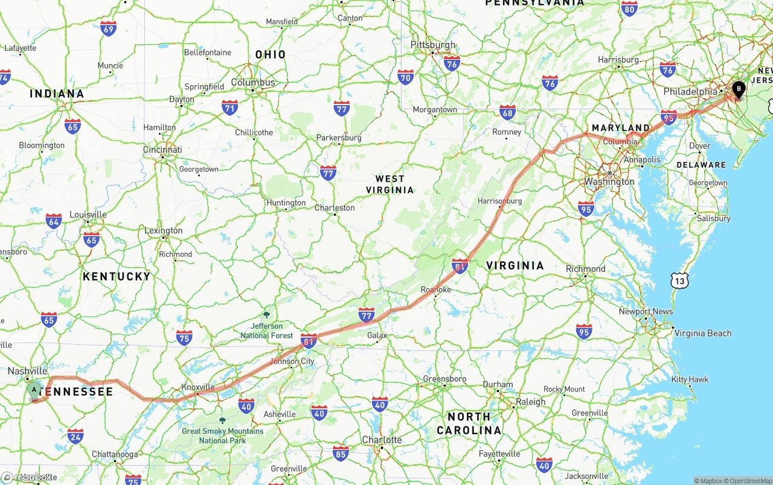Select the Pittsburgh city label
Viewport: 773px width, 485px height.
[433, 45]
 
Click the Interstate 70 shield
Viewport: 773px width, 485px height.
[405, 77]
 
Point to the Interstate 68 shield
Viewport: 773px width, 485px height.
[508, 112]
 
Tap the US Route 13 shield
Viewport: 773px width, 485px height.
[679, 280]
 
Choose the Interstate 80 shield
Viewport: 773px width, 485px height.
[629, 8]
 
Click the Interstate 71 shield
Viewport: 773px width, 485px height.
[229, 108]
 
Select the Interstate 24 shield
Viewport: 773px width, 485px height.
[75, 436]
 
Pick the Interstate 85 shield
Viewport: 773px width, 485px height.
[341, 452]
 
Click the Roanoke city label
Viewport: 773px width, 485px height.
[436, 290]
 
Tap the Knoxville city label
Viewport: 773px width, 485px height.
[198, 387]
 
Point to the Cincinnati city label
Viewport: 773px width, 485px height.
[162, 150]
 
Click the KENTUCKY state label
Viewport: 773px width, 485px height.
[117, 276]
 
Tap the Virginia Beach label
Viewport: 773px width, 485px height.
[702, 333]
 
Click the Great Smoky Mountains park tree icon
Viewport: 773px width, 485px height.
[222, 420]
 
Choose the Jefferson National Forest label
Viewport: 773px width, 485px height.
[267, 331]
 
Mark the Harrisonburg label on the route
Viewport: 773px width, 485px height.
[499, 201]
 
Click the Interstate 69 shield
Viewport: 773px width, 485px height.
[109, 28]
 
